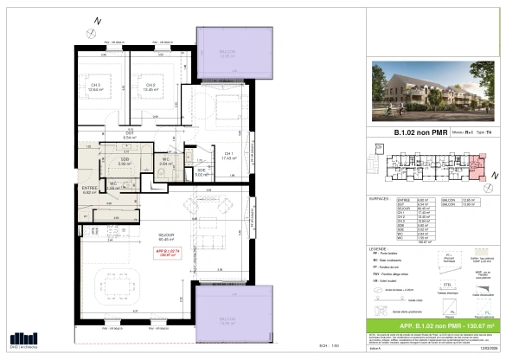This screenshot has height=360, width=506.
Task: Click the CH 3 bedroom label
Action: click(x=93, y=85)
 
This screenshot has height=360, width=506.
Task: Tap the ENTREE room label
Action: click(x=90, y=190)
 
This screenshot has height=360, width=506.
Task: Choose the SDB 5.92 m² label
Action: click(x=125, y=162)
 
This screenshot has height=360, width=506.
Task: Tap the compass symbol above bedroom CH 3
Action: click(x=100, y=20)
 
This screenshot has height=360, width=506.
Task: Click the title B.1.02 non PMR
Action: click(x=401, y=132)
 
